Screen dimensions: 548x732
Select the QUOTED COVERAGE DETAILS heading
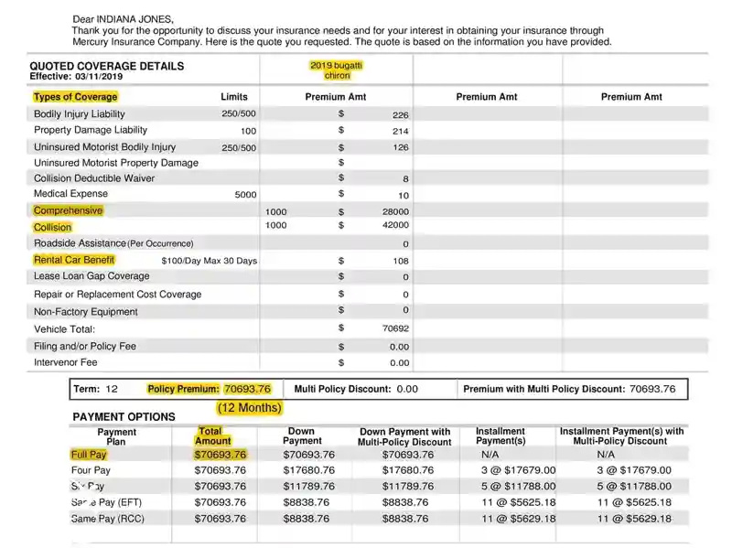pyautogui.click(x=106, y=66)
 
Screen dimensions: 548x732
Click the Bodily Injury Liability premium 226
pyautogui.click(x=400, y=115)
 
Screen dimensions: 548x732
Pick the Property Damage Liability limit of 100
pyautogui.click(x=248, y=132)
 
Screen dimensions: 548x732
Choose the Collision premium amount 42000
pyautogui.click(x=395, y=225)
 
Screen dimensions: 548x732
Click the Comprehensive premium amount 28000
pyautogui.click(x=395, y=212)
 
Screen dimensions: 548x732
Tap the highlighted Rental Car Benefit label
pyautogui.click(x=74, y=260)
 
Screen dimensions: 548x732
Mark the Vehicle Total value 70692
pyautogui.click(x=395, y=328)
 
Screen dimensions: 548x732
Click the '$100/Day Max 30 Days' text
pyautogui.click(x=209, y=261)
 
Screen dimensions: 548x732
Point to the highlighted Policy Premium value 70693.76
pyautogui.click(x=247, y=389)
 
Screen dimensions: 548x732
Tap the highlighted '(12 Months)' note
pyautogui.click(x=249, y=407)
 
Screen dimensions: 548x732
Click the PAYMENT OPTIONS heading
pyautogui.click(x=124, y=417)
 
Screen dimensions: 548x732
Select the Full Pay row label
pyautogui.click(x=89, y=454)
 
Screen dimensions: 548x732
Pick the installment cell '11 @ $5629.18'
pyautogui.click(x=519, y=519)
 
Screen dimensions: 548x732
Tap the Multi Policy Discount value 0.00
pyautogui.click(x=407, y=389)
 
